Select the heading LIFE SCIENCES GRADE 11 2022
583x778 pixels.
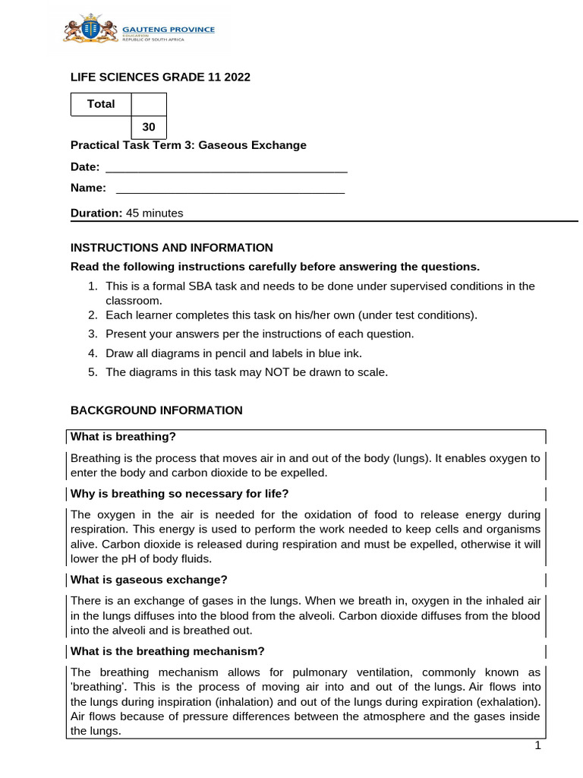[x=160, y=77]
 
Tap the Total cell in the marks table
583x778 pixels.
[x=101, y=104]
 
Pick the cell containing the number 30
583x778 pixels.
[x=149, y=127]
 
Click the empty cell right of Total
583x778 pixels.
[x=149, y=104]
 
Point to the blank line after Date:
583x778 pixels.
[x=225, y=167]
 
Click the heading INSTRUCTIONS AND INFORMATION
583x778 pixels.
[x=172, y=247]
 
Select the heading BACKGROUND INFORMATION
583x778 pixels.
[x=156, y=410]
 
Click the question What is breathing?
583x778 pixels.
[x=123, y=436]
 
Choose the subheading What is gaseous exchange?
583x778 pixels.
[x=149, y=580]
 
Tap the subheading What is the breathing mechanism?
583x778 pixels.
[x=167, y=651]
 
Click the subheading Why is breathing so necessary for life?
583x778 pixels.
[x=179, y=494]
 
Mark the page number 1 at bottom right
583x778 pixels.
[x=537, y=746]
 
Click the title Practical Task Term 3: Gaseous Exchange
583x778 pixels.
[x=188, y=145]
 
